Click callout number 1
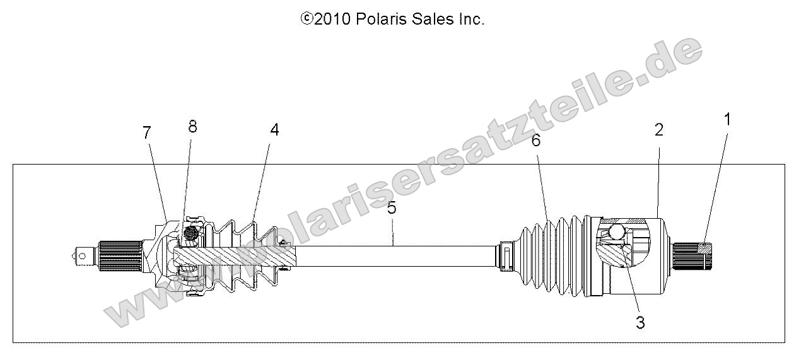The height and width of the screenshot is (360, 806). [x=727, y=119]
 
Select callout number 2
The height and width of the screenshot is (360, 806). [x=658, y=131]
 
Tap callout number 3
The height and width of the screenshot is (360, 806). [x=640, y=323]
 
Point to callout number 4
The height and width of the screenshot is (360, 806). [x=274, y=130]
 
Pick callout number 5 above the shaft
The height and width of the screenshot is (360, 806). [x=392, y=208]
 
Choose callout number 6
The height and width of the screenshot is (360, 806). [x=536, y=141]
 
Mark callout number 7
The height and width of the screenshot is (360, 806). [x=147, y=133]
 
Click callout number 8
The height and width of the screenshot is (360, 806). [x=192, y=127]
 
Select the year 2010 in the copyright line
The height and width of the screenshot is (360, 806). [x=332, y=20]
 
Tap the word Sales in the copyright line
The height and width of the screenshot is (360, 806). [x=431, y=20]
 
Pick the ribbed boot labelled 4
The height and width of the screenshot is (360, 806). [x=249, y=256]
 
